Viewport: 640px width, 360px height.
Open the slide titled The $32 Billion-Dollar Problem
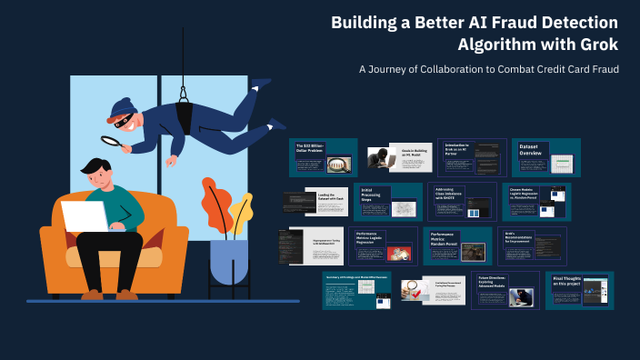[x=323, y=157]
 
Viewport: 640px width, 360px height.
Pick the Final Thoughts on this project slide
[x=580, y=289]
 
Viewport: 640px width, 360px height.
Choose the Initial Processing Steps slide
[x=388, y=202]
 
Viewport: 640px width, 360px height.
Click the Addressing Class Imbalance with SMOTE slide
[x=462, y=202]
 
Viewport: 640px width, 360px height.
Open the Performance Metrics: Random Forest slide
[x=458, y=245]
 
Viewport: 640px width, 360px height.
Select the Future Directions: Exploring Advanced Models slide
[x=505, y=290]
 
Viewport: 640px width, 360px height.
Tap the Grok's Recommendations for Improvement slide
[x=532, y=245]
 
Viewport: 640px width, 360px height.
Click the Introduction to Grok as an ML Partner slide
[x=470, y=157]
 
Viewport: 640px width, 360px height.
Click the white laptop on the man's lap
[x=85, y=217]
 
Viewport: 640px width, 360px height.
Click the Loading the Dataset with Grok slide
[x=315, y=202]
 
